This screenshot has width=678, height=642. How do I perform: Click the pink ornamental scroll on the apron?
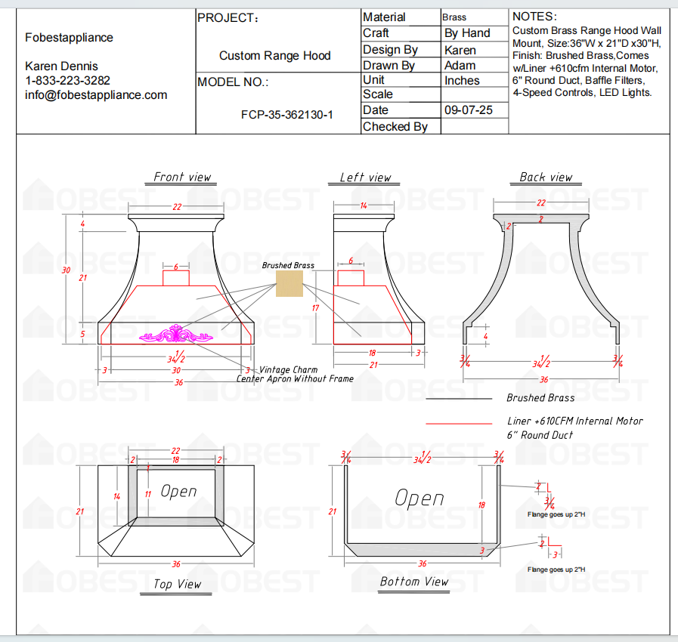[177, 335]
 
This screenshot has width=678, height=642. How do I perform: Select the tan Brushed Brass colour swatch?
[289, 283]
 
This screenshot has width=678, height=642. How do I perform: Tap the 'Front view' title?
[182, 177]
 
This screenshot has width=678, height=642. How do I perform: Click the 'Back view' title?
[546, 177]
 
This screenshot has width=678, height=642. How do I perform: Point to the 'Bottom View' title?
[413, 582]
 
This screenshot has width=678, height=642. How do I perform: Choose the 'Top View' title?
[178, 584]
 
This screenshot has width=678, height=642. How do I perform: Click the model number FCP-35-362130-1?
[286, 115]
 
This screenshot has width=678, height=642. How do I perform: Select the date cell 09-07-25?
[469, 110]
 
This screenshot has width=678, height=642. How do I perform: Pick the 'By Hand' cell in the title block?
[467, 33]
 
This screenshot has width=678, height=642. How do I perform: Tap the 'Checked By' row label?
[395, 127]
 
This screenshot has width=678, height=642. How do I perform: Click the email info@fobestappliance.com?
[96, 95]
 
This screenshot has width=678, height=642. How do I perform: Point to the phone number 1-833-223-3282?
[67, 81]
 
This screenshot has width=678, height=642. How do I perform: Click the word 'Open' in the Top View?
[178, 491]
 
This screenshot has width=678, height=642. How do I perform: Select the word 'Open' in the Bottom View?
[419, 498]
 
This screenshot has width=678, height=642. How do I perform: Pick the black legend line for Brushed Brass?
[459, 398]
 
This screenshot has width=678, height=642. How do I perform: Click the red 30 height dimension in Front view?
[66, 270]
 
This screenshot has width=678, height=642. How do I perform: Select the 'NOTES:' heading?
[534, 17]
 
